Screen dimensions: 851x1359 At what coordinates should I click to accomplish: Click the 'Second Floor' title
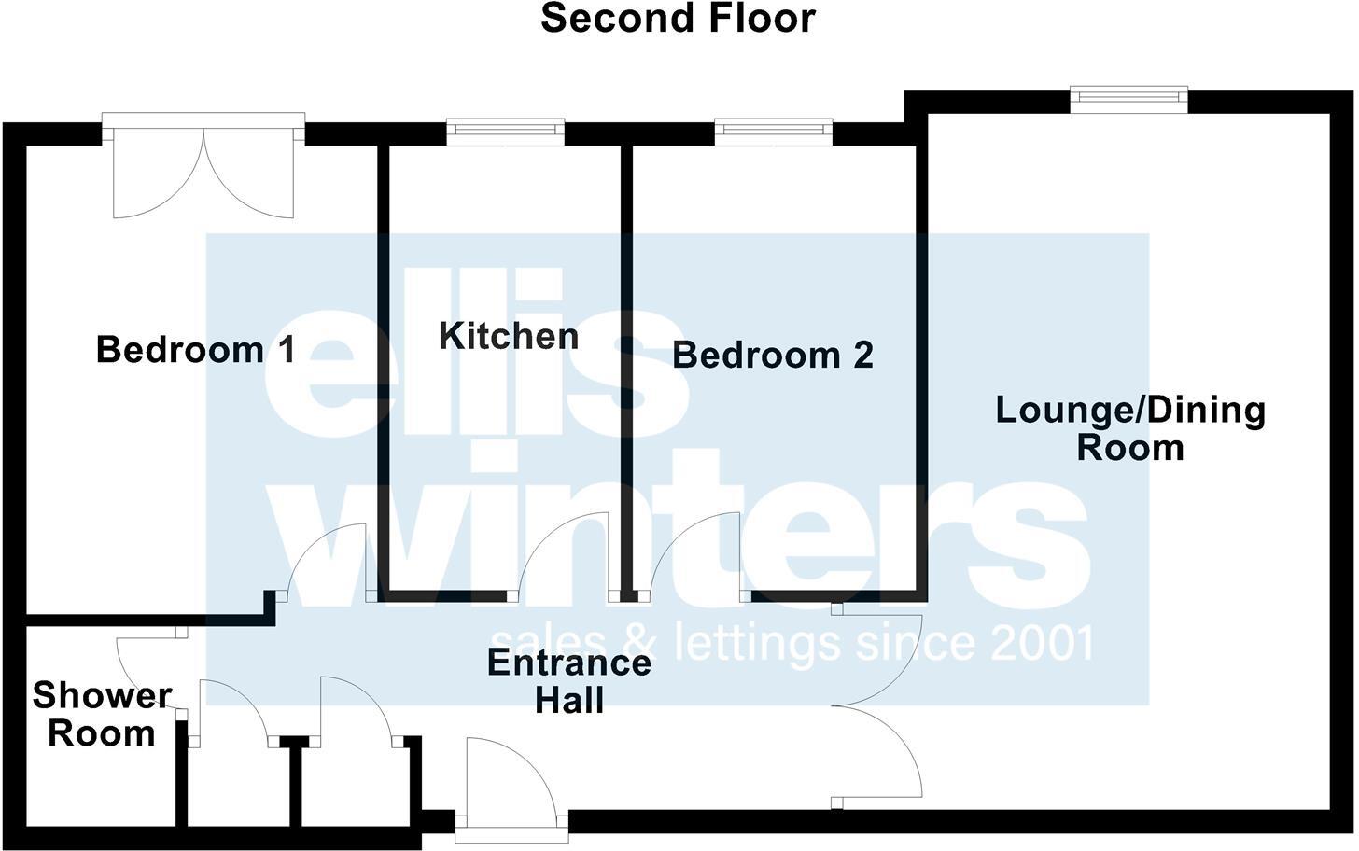679,19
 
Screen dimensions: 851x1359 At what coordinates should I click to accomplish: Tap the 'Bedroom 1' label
196,350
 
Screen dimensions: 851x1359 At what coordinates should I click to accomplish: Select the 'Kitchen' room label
509,336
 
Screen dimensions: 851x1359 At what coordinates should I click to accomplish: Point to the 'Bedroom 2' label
773,356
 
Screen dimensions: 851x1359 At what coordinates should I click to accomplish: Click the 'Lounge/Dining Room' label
1130,428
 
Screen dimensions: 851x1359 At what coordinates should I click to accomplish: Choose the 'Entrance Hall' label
569,681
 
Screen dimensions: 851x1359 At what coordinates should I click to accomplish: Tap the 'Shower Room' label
102,714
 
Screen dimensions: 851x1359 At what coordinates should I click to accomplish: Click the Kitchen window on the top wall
505,132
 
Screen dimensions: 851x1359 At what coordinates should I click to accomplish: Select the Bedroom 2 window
773,132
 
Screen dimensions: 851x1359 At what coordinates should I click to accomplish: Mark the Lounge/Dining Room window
1128,99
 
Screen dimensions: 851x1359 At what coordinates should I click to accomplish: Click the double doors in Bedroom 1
204,173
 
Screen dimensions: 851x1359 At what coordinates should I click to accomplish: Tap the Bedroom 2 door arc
691,555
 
